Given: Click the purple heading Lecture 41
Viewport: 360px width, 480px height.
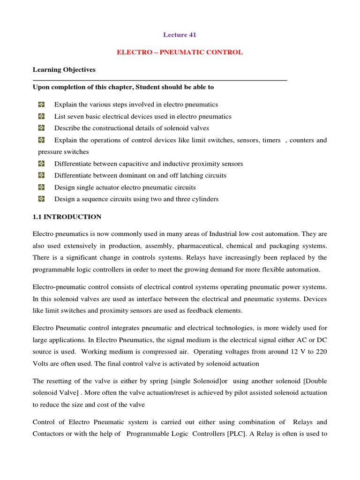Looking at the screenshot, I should click(180, 35).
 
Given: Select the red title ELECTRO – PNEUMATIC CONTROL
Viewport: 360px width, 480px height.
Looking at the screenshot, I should click(180, 52).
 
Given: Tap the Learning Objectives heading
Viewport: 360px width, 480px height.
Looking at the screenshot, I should click(64, 69).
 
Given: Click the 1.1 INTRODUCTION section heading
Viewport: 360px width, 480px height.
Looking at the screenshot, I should click(67, 217).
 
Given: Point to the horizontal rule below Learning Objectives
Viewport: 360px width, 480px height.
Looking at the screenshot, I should click(159, 81).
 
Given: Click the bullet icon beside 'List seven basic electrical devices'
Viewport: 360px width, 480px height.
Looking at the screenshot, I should click(41, 116).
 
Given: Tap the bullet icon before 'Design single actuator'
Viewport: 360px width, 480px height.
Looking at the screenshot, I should click(41, 187).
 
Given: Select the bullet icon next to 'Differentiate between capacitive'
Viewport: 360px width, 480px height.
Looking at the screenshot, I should click(41, 164).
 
